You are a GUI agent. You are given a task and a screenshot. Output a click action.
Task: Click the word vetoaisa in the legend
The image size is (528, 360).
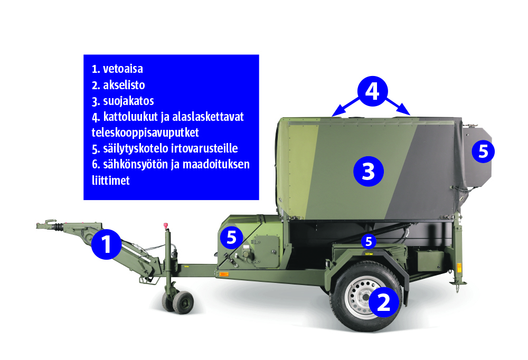123,69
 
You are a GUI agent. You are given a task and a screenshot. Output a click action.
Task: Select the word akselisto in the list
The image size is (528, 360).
124,85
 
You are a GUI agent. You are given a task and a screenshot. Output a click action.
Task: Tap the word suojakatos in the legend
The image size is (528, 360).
128,101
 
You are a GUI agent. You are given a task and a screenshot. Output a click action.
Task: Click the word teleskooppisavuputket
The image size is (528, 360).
145,132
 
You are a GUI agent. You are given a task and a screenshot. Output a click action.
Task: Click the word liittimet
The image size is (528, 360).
110,181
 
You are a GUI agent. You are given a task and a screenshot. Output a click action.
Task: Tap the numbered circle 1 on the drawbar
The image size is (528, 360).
106,244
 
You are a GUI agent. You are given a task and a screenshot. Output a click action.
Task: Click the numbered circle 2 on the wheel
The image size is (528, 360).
384,302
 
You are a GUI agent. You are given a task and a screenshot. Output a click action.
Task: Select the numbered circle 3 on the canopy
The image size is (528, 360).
369,172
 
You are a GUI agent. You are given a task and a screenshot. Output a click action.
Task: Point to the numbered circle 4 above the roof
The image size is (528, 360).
372,91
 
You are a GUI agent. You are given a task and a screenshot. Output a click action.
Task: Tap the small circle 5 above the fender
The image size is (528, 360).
369,241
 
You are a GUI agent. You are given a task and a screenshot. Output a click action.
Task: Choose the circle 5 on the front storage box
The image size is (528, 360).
231,238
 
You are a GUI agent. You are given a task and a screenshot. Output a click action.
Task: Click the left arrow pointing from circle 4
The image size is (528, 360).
345,107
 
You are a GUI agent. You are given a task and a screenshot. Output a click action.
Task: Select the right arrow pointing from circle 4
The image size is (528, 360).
398,107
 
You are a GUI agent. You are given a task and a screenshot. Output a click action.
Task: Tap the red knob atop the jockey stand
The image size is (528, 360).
166,225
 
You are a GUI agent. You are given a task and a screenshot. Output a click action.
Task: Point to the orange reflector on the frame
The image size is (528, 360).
224,274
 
